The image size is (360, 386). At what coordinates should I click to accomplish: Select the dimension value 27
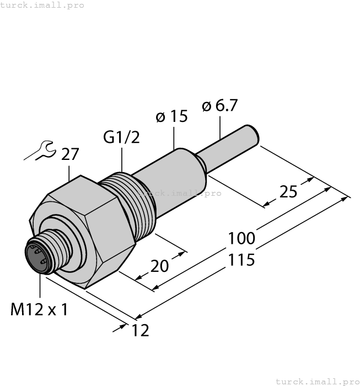[x=70, y=155]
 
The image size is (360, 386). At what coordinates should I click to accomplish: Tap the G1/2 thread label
[x=121, y=137]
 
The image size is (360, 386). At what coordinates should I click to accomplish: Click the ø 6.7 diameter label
[x=220, y=105]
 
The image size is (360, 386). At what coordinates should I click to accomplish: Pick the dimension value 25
[x=288, y=191]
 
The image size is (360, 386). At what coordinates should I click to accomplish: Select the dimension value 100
[x=242, y=238]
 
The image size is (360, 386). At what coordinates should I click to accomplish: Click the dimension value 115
[x=242, y=259]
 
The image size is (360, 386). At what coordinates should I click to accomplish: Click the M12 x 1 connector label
[x=39, y=309]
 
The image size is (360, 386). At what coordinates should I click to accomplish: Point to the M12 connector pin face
[x=37, y=257]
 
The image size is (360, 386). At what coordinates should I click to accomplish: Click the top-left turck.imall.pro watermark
[x=42, y=5]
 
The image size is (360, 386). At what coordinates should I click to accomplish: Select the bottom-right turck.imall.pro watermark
[x=317, y=381]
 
